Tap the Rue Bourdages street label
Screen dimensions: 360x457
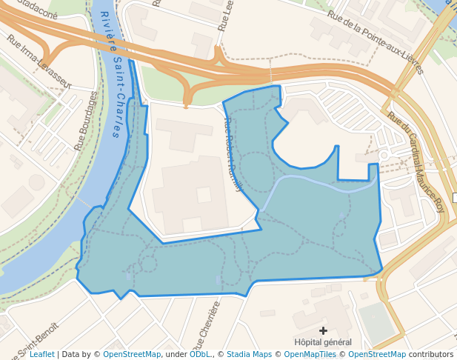(x=87, y=121)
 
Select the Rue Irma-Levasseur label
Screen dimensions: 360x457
(x=39, y=61)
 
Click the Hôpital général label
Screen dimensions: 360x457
(x=323, y=342)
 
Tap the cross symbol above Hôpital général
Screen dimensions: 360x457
(x=323, y=330)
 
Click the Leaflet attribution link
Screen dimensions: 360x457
(x=41, y=355)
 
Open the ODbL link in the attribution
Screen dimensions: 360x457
(x=200, y=355)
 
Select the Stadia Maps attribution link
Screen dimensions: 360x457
(x=249, y=355)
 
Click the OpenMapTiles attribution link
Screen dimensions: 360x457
(x=310, y=355)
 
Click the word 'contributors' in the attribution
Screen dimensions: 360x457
(x=430, y=355)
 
